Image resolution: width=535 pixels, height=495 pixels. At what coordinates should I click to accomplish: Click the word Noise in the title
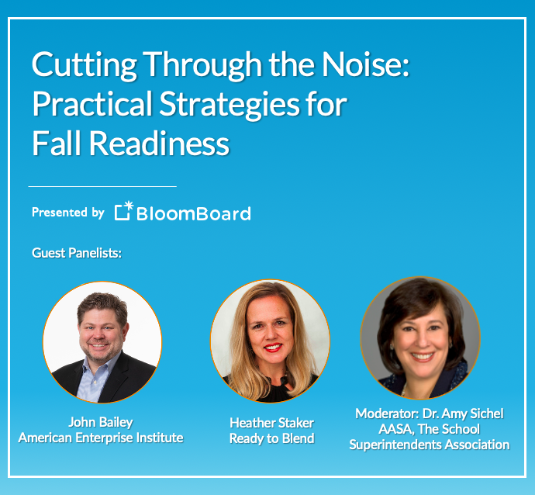tap(365, 64)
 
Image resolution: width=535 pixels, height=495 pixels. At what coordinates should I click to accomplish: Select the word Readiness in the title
tap(160, 144)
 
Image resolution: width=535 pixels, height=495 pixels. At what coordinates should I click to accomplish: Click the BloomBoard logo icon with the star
tap(123, 210)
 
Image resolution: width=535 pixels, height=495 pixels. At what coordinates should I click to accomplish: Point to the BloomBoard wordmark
tap(194, 213)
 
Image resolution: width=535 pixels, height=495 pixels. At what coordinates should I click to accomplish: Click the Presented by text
tap(68, 213)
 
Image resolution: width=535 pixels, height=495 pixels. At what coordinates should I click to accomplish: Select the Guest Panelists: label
tap(77, 253)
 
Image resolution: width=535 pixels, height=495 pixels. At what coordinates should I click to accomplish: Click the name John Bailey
tap(101, 422)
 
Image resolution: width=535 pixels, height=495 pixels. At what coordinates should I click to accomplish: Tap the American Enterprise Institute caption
tap(101, 438)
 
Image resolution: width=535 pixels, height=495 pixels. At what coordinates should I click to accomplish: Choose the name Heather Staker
tap(271, 423)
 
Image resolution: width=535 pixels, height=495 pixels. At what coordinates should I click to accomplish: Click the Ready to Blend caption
tap(271, 438)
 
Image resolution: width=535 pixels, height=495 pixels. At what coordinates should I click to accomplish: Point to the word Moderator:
tap(387, 414)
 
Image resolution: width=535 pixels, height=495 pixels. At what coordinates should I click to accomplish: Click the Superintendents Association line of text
tap(430, 445)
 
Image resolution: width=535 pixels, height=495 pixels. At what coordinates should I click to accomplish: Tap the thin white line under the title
tap(102, 186)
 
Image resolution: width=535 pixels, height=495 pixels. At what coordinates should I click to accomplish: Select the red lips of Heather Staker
tap(273, 347)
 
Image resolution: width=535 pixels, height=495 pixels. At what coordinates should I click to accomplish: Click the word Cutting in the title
tap(85, 65)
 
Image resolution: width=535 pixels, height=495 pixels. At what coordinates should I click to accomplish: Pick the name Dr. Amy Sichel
tap(463, 414)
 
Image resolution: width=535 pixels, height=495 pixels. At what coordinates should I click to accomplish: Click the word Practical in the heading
tap(92, 104)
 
